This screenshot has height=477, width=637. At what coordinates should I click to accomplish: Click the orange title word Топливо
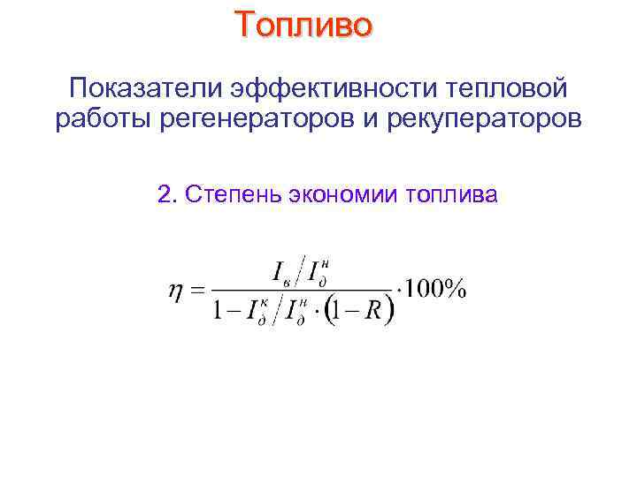click(x=304, y=25)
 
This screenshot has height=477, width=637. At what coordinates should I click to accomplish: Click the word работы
click(x=103, y=118)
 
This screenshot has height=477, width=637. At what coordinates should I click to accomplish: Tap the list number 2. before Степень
click(x=166, y=194)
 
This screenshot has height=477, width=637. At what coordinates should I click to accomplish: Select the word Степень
click(x=227, y=194)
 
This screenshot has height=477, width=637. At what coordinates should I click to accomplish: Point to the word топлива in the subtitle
click(x=453, y=194)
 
